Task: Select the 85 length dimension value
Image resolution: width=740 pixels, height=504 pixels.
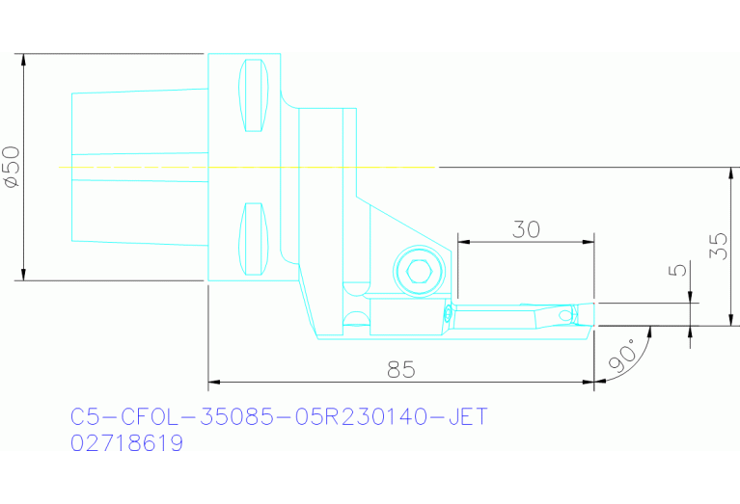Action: tap(401, 368)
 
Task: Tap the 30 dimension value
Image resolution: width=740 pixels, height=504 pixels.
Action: tap(526, 228)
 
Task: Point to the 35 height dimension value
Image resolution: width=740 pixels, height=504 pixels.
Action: tap(717, 246)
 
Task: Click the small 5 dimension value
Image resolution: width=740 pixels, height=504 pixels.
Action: tap(679, 271)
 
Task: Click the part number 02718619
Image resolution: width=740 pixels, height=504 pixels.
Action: tap(126, 444)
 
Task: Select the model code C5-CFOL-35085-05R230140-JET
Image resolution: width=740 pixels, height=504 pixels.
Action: tap(279, 417)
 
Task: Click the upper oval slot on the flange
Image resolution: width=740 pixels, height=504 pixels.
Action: tap(254, 95)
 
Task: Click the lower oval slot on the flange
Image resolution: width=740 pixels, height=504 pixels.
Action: tap(254, 238)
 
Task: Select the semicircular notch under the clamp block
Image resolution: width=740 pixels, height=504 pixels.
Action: tap(355, 320)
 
